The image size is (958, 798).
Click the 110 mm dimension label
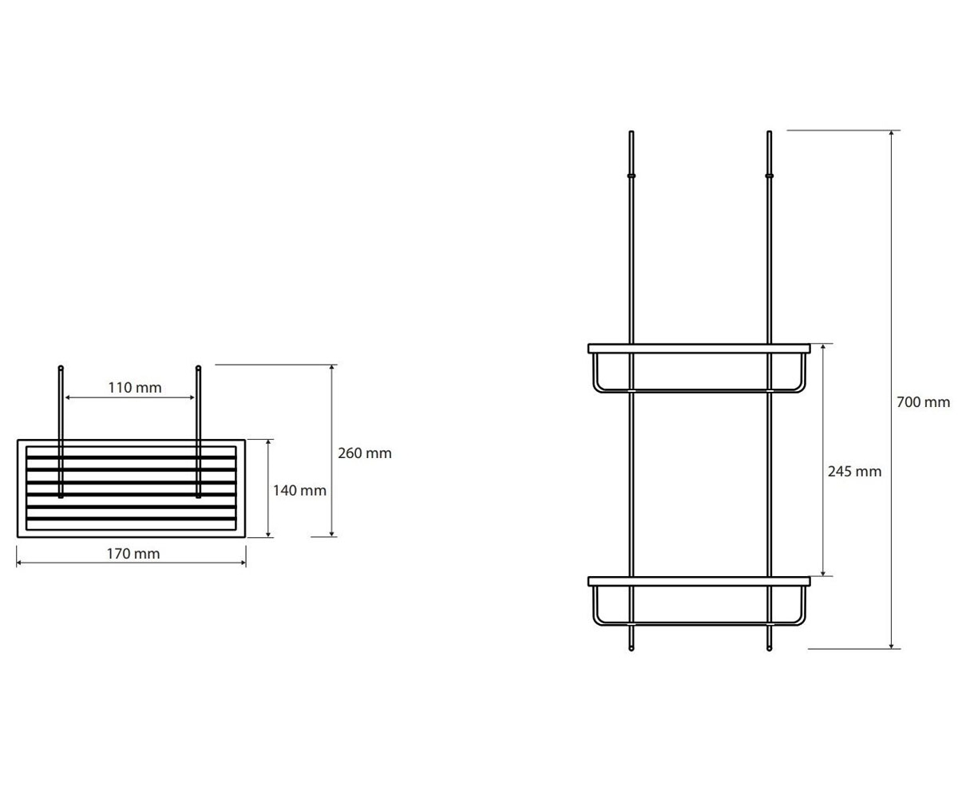pos(135,388)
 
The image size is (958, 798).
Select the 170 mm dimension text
pos(133,554)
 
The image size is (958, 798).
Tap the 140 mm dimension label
pos(299,491)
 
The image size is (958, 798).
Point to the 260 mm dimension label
pos(365,453)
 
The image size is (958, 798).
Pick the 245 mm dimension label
pos(854,472)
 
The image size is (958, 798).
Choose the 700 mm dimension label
pos(923,402)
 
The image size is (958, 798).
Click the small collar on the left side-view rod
pos(631,176)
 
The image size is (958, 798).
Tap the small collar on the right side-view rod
pos(770,176)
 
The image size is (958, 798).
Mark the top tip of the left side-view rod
pos(631,131)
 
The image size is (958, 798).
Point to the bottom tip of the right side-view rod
pos(770,650)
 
